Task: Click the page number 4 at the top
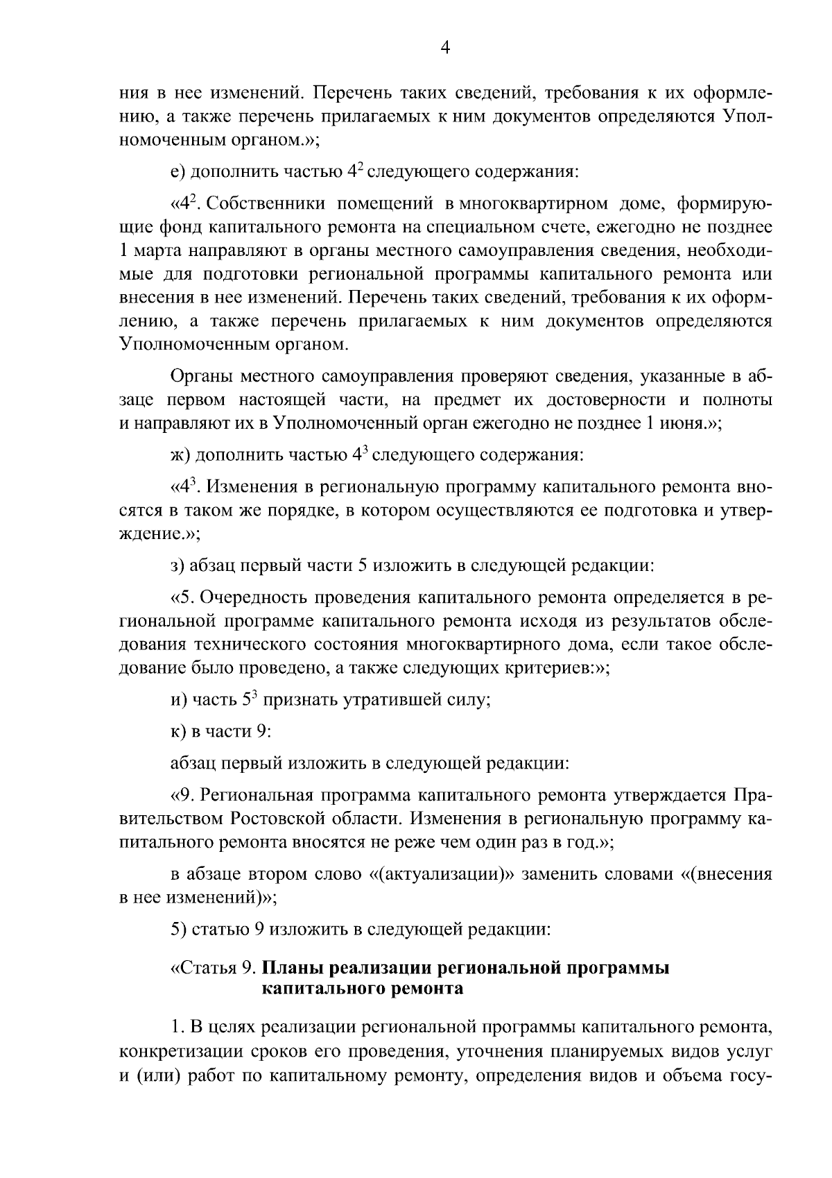click(x=445, y=47)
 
